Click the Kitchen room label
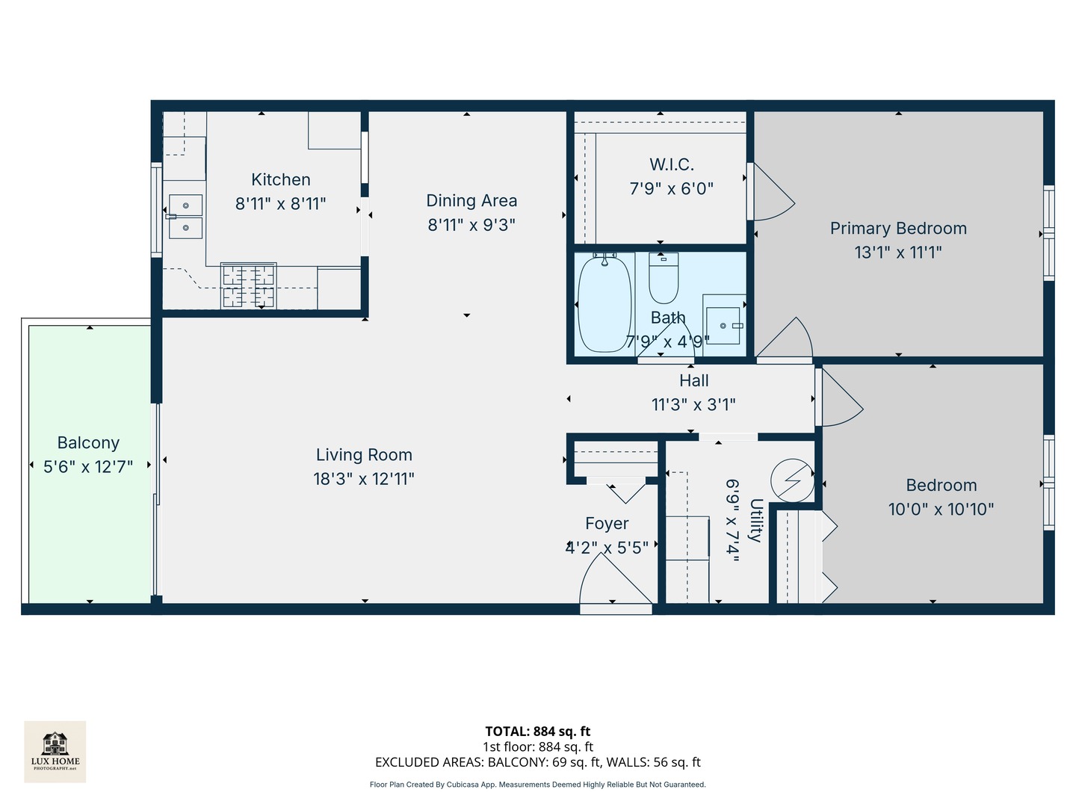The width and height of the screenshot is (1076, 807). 280,180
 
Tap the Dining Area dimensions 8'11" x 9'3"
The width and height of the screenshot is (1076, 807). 471,225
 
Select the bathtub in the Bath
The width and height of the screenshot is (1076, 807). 604,304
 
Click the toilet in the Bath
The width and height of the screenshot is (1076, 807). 663,278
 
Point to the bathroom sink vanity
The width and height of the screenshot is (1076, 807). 723,322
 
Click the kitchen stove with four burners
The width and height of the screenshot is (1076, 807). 248,286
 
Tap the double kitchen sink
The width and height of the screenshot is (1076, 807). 185,216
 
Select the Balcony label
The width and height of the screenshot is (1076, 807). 88,443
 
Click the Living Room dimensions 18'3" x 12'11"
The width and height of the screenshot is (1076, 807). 364,479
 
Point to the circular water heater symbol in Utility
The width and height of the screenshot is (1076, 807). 792,480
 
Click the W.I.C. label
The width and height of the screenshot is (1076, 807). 671,164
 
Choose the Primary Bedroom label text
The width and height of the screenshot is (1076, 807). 898,229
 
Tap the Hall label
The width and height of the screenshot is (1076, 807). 693,381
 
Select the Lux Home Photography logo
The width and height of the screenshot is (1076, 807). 55,751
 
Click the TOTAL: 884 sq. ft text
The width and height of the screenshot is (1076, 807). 537,732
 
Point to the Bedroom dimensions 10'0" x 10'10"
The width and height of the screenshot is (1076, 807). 941,510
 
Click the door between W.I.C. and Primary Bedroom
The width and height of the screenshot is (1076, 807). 770,193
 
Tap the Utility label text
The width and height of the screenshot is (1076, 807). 755,520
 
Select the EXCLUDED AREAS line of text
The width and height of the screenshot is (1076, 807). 537,762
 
